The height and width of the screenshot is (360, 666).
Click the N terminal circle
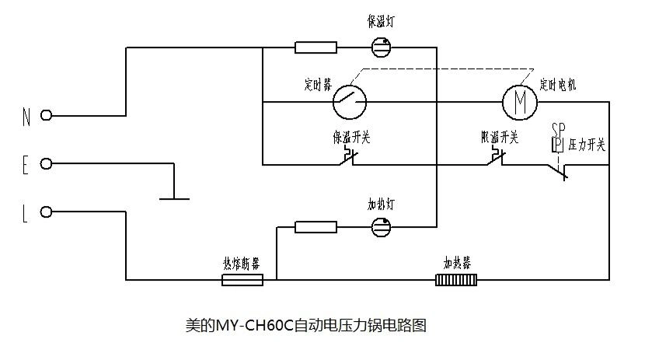(x=47, y=116)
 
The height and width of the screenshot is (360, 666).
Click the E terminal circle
(x=47, y=164)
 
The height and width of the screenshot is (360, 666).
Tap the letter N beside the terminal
(x=26, y=117)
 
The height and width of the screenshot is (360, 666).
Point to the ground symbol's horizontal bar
(x=174, y=198)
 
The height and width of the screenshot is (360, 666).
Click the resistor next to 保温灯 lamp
(x=316, y=47)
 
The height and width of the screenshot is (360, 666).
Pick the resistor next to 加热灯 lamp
(x=316, y=227)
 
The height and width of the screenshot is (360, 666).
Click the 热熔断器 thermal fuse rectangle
(x=242, y=279)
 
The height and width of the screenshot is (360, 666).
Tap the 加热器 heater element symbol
(x=456, y=279)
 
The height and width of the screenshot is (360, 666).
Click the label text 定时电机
(x=558, y=83)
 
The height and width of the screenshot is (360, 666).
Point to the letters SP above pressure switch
(x=558, y=128)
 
